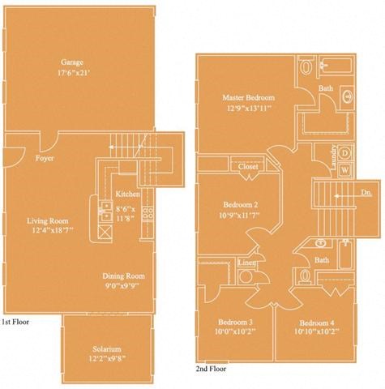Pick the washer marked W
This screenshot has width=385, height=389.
point(344,169)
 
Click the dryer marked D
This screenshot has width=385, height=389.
point(344,152)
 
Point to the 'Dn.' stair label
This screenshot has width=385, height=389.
point(366,193)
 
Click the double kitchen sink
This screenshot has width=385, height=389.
point(106,213)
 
